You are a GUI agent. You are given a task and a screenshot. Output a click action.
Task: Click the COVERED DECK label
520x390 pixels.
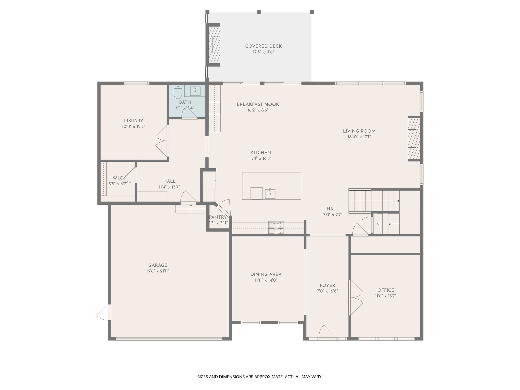tap(263, 46)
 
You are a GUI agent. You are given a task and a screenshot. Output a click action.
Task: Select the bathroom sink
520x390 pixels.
tap(195, 91)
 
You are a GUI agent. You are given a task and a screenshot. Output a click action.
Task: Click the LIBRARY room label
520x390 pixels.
tap(134, 121)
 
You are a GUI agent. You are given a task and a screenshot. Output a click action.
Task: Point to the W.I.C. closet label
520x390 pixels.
tap(118, 178)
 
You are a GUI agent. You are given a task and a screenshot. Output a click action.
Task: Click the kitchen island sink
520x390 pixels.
tap(270, 194)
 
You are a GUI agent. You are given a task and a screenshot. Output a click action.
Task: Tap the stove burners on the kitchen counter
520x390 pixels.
tap(276, 228)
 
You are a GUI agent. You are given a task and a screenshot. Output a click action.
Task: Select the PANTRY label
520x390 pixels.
tap(218, 217)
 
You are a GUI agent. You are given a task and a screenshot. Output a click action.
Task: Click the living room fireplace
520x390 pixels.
tap(414, 138)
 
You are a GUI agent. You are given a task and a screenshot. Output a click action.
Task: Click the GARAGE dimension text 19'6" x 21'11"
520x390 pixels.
tap(158, 271)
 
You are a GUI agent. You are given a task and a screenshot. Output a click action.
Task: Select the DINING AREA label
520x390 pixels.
tap(266, 274)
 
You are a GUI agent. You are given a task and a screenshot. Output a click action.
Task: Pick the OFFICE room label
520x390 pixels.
tap(385, 290)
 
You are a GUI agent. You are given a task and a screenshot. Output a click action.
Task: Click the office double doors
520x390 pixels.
tap(356, 298)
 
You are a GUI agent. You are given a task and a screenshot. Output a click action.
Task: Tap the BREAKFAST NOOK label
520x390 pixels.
tap(258, 104)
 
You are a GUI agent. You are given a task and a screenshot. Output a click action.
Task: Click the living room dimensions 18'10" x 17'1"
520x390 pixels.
tap(359, 137)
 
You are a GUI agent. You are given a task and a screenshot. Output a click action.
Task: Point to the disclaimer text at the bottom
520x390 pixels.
tap(260, 377)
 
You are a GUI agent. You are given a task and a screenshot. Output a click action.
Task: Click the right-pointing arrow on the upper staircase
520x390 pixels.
tap(398, 201)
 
